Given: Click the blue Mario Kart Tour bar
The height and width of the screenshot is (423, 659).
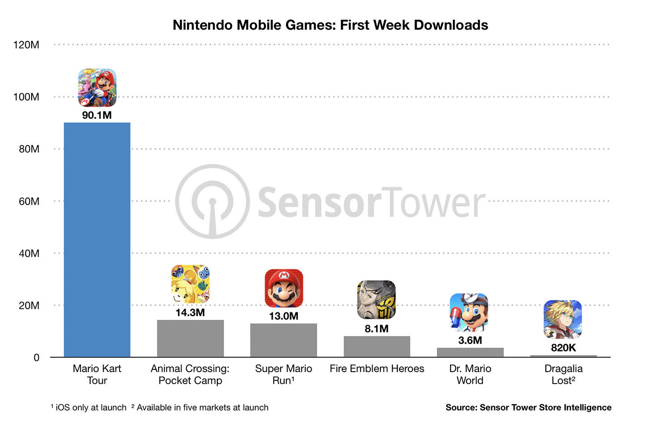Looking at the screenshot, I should pyautogui.click(x=97, y=239).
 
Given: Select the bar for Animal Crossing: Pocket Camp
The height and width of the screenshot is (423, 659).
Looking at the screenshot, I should pyautogui.click(x=190, y=338).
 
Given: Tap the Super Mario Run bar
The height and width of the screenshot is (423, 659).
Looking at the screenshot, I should pyautogui.click(x=283, y=340).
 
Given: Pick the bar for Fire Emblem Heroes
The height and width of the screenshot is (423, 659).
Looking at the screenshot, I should pyautogui.click(x=377, y=346).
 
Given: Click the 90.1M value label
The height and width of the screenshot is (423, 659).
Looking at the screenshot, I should pyautogui.click(x=97, y=115).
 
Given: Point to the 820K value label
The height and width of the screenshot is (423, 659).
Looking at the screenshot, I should pyautogui.click(x=563, y=348).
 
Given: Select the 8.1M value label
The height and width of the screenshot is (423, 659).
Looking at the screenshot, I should pyautogui.click(x=377, y=328).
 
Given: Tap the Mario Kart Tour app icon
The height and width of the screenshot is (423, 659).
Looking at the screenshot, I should pyautogui.click(x=97, y=88).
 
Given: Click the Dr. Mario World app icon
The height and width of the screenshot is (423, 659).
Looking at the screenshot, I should pyautogui.click(x=469, y=312).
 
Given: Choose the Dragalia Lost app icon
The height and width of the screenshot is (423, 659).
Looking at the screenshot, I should pyautogui.click(x=563, y=319).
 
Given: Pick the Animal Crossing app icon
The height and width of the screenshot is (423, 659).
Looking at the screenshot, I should pyautogui.click(x=190, y=284).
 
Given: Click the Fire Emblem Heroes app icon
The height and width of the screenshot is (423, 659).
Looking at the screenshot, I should pyautogui.click(x=376, y=300).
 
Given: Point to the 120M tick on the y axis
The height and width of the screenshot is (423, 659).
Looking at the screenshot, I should pyautogui.click(x=26, y=45).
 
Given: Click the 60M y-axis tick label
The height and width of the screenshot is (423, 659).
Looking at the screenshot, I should pyautogui.click(x=29, y=201).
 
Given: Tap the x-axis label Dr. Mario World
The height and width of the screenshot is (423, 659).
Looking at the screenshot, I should pyautogui.click(x=470, y=374).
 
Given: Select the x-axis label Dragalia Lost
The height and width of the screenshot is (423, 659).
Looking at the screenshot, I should pyautogui.click(x=563, y=374).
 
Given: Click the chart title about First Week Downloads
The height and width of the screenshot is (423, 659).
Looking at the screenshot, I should pyautogui.click(x=330, y=25).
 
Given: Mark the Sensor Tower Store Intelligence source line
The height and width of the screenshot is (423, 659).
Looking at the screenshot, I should pyautogui.click(x=528, y=407).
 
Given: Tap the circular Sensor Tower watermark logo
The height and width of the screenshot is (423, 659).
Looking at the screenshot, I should pyautogui.click(x=212, y=201).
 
